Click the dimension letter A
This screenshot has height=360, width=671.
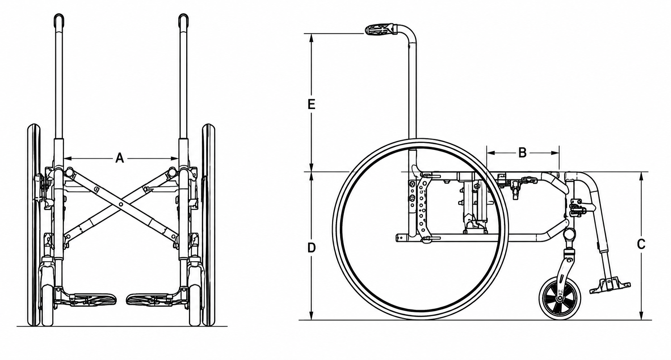click(120, 158)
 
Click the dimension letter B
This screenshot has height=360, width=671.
click(522, 153)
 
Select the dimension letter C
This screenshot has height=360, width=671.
click(641, 244)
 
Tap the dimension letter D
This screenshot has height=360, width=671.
click(312, 248)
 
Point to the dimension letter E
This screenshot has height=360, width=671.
click(312, 105)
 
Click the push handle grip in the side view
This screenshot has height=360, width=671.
click(380, 29)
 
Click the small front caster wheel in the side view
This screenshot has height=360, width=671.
click(559, 298)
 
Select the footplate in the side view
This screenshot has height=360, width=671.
click(609, 287)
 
